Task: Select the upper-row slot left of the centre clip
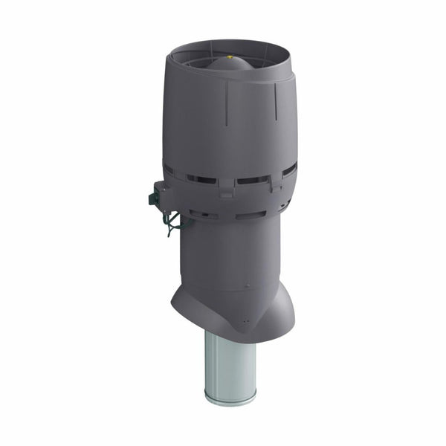tap(201, 179)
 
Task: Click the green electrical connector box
tap(160, 195)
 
